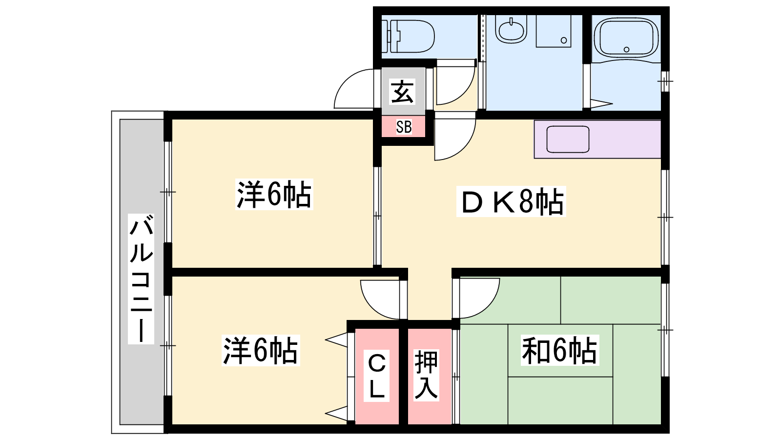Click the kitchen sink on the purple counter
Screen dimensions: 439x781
point(568,139)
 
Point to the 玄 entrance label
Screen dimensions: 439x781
point(403,92)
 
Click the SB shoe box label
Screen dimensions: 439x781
point(404,127)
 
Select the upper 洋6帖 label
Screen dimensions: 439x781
point(274,195)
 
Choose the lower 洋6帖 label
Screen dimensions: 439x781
point(260,350)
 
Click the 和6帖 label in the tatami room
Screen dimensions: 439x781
point(559,350)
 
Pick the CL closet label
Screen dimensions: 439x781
point(377,376)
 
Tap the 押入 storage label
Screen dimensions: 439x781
point(426,375)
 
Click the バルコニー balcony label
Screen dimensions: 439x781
point(141,278)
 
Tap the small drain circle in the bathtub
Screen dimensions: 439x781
point(626,49)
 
